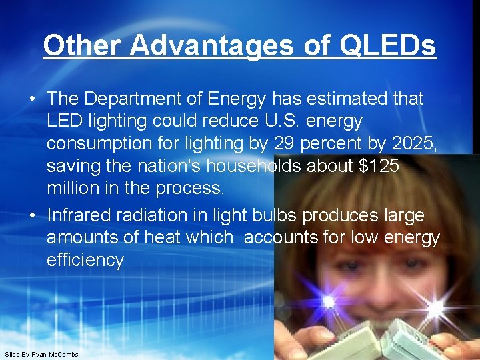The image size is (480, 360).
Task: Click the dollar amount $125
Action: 379,167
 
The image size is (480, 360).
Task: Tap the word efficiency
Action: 85,260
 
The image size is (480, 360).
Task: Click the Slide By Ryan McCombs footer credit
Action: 41,354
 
